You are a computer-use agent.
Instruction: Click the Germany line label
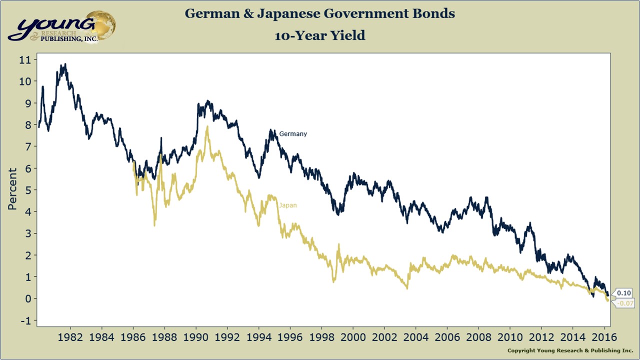(293, 134)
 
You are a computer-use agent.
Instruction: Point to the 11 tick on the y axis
(25, 59)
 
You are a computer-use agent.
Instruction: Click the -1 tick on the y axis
(25, 320)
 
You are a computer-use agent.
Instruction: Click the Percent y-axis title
(12, 188)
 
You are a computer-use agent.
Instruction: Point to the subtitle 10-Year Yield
(319, 35)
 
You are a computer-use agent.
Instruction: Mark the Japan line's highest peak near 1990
(206, 127)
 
